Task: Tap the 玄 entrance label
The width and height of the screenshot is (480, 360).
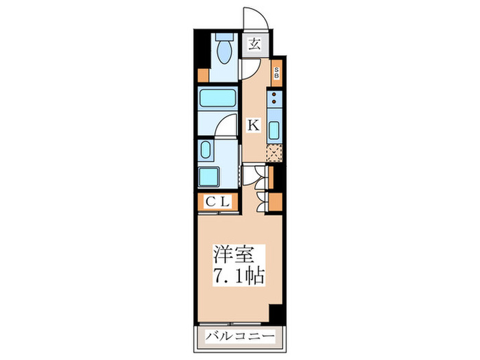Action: point(254,45)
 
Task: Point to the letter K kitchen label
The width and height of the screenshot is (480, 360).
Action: point(253,125)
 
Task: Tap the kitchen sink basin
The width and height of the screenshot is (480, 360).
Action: point(275,130)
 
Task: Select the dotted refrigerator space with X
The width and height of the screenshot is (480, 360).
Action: point(275,153)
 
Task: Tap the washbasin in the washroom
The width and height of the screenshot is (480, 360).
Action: point(205,151)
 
